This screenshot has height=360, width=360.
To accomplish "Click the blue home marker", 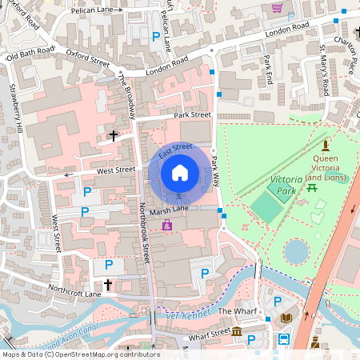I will pyautogui.click(x=180, y=172).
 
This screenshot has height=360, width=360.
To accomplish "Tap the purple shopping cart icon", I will pyautogui.click(x=277, y=8).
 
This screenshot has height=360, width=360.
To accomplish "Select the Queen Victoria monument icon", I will pyautogui.click(x=325, y=146).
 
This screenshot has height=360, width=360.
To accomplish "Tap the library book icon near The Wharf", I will pyautogui.click(x=287, y=318).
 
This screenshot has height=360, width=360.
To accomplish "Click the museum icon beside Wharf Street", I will pyautogui.click(x=238, y=332).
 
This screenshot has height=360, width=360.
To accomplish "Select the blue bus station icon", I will pyautogui.click(x=283, y=339).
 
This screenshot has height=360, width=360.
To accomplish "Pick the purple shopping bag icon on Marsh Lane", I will pyautogui.click(x=166, y=226).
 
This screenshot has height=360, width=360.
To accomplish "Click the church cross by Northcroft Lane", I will pyautogui.click(x=108, y=284).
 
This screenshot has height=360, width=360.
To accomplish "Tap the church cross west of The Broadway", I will pyautogui.click(x=114, y=136).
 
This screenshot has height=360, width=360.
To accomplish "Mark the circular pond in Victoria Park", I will pyautogui.click(x=296, y=252).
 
